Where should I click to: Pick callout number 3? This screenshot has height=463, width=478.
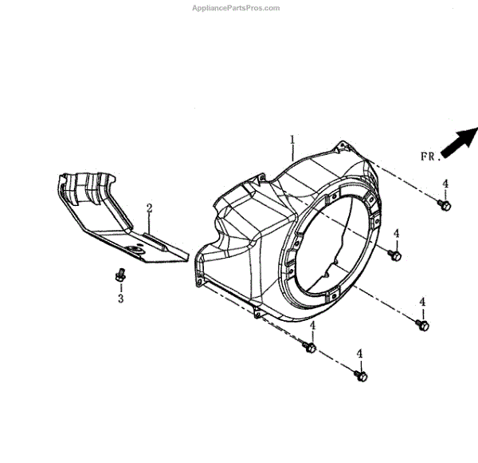tap(121, 299)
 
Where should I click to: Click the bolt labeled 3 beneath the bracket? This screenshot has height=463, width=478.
tap(120, 274)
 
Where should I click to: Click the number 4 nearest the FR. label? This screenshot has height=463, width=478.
tap(445, 184)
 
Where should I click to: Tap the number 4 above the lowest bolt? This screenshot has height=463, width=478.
tap(359, 354)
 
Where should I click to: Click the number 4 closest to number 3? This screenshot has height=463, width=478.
tap(312, 326)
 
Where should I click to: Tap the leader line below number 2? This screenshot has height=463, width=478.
tap(148, 224)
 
